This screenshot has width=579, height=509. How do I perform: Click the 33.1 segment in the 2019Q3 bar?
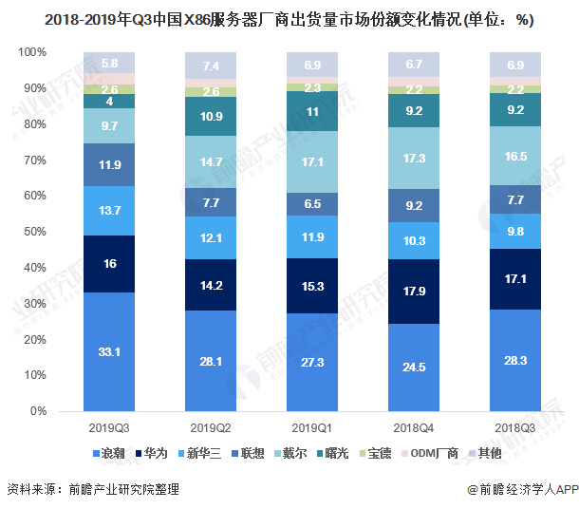(x=109, y=351)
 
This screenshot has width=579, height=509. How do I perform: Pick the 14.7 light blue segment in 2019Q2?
(x=211, y=162)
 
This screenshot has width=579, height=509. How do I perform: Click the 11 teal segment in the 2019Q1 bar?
(x=312, y=111)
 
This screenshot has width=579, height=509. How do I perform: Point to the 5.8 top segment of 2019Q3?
(x=109, y=63)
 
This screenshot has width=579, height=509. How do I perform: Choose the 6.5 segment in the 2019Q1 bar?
(x=312, y=203)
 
